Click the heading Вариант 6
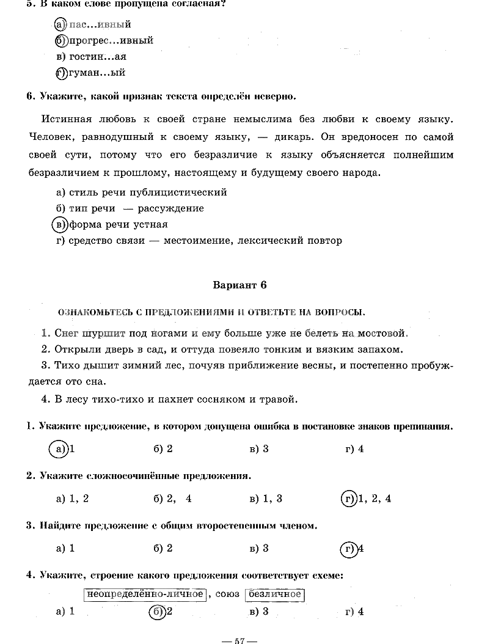tap(239, 285)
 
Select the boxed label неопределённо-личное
tap(144, 594)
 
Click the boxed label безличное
tap(274, 594)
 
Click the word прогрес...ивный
tap(111, 40)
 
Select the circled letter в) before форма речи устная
tap(59, 224)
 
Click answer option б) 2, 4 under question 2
tap(172, 499)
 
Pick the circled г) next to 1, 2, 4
tap(348, 499)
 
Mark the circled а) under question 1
tap(59, 449)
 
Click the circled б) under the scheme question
tap(157, 611)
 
